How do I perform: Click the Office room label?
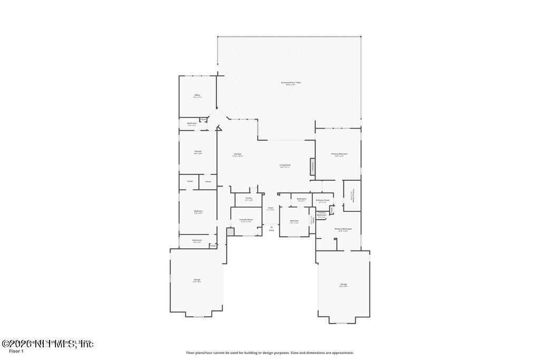(197, 95)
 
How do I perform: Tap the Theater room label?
(197, 152)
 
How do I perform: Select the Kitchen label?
(237, 154)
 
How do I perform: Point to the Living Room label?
(285, 165)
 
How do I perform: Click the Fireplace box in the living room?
(312, 166)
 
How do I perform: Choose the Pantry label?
(248, 198)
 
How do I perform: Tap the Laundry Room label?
(246, 219)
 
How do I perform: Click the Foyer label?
(271, 208)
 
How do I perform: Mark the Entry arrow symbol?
(271, 227)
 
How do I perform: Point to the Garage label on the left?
(197, 280)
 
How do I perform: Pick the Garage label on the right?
(343, 285)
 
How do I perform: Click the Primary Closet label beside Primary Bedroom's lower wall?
(322, 200)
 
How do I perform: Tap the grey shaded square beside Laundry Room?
(230, 231)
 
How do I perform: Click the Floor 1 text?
(16, 351)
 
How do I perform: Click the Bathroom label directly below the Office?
(191, 123)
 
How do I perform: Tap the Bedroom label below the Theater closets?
(198, 211)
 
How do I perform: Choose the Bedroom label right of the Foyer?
(294, 221)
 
